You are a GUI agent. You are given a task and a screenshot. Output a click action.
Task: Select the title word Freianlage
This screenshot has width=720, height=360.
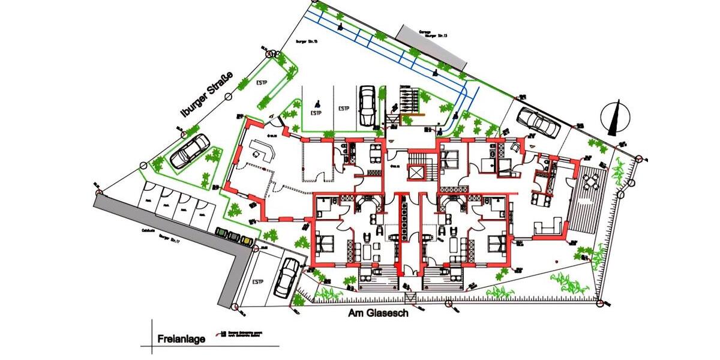pyautogui.click(x=181, y=339)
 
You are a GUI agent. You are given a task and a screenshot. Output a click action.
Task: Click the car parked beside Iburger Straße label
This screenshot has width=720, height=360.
pyautogui.click(x=190, y=151)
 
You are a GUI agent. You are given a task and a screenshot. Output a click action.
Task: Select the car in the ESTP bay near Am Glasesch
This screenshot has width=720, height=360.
pyautogui.click(x=287, y=277)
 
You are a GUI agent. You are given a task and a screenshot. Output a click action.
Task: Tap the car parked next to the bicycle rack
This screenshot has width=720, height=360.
pyautogui.click(x=367, y=106)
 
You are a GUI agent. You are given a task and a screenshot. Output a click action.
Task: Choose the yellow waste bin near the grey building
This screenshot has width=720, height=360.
pyautogui.click(x=247, y=239)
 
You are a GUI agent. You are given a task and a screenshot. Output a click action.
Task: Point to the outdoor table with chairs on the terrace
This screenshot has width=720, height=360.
pyautogui.click(x=591, y=179)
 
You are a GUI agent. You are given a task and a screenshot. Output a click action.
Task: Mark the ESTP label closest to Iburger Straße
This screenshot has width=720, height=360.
pyautogui.click(x=262, y=82)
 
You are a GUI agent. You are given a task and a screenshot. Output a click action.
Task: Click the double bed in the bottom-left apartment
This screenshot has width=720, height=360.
pyautogui.click(x=325, y=243)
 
